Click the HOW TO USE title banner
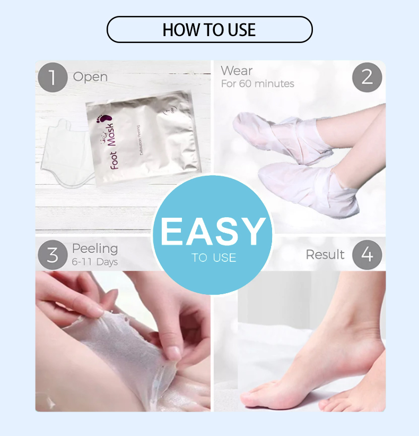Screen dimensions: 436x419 point(210,30)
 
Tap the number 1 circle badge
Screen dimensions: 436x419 point(53,78)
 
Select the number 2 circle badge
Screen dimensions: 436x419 point(367,78)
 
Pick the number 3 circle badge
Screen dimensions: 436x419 point(53,254)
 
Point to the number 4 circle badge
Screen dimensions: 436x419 point(367,254)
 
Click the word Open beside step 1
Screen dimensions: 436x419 point(90,77)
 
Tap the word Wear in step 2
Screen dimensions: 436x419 point(237,71)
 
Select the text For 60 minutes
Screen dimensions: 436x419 point(257,84)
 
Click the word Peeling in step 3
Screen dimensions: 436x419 point(95,249)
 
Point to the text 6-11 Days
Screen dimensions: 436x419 point(95,262)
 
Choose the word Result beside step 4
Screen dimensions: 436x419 point(325,255)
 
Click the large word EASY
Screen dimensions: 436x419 point(213,232)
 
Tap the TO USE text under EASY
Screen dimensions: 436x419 point(214,258)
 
